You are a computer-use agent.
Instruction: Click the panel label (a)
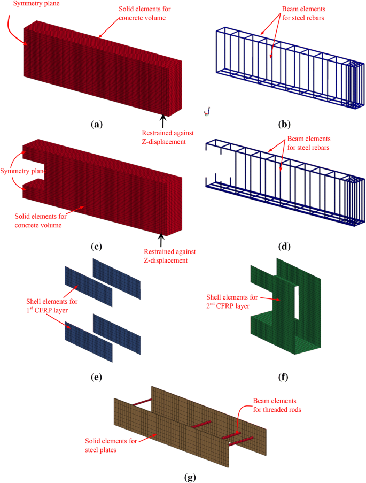point(96,124)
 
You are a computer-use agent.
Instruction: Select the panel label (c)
point(96,247)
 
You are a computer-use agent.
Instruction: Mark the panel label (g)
point(183,475)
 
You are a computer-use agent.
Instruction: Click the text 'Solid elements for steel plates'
point(109,445)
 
